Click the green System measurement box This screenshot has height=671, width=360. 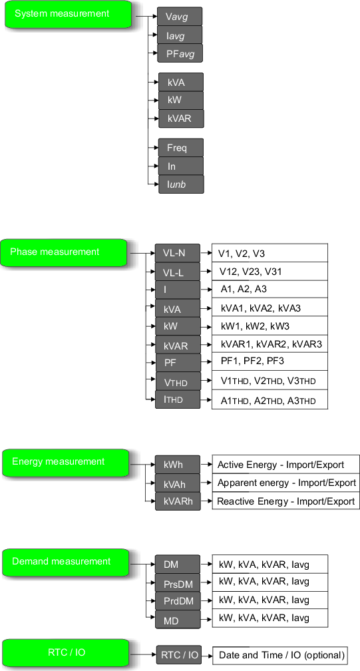68,14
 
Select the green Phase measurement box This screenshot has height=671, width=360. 65,252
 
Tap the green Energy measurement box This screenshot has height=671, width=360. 65,463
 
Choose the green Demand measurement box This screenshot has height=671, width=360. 65,562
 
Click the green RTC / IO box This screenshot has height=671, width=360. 65,653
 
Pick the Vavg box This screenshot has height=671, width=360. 180,17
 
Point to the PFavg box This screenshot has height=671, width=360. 180,53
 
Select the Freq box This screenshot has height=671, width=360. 181,148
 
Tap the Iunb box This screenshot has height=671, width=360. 181,184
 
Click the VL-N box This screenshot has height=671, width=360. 178,253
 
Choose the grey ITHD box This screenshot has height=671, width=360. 178,399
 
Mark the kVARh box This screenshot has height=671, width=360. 178,501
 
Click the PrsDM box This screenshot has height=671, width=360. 178,583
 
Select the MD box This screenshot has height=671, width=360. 178,619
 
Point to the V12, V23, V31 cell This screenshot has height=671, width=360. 270,272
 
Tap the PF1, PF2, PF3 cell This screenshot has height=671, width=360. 270,361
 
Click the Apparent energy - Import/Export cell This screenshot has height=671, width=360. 286,483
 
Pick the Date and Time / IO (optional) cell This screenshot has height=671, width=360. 280,655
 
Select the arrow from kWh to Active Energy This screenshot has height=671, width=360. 206,464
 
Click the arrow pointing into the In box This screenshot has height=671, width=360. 153,166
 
